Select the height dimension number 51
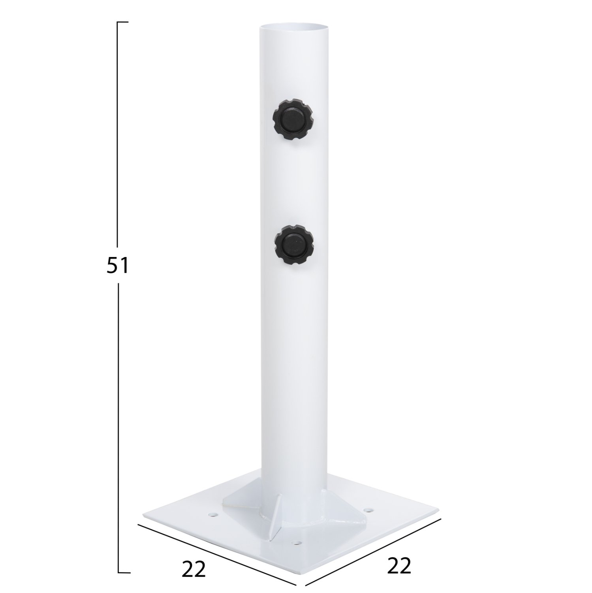click(x=118, y=266)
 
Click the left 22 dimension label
click(x=194, y=568)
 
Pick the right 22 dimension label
click(x=399, y=566)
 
